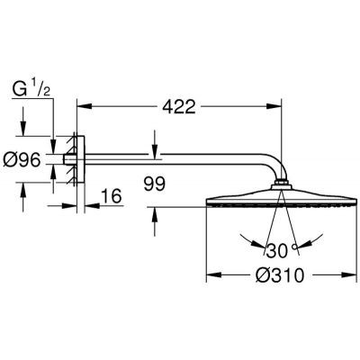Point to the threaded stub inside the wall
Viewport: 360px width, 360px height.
pos(64,166)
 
